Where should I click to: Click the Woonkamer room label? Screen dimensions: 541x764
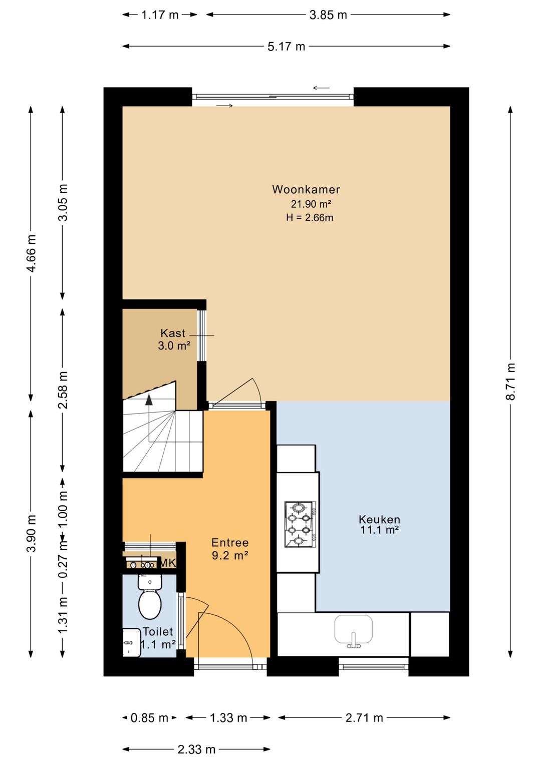[306, 189]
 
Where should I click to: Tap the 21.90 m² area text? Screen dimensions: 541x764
[311, 204]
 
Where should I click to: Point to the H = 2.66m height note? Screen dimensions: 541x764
[310, 217]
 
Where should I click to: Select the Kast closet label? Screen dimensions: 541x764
[173, 333]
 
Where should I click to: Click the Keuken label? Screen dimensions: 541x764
[379, 520]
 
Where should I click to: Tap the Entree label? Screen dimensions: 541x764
[230, 542]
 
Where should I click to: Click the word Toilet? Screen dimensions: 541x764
[158, 631]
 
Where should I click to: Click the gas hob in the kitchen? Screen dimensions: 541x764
[300, 524]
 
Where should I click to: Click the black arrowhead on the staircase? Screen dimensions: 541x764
[149, 400]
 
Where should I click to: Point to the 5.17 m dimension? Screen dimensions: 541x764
[286, 46]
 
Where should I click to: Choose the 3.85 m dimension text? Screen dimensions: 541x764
[328, 15]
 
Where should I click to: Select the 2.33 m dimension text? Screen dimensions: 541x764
[196, 749]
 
